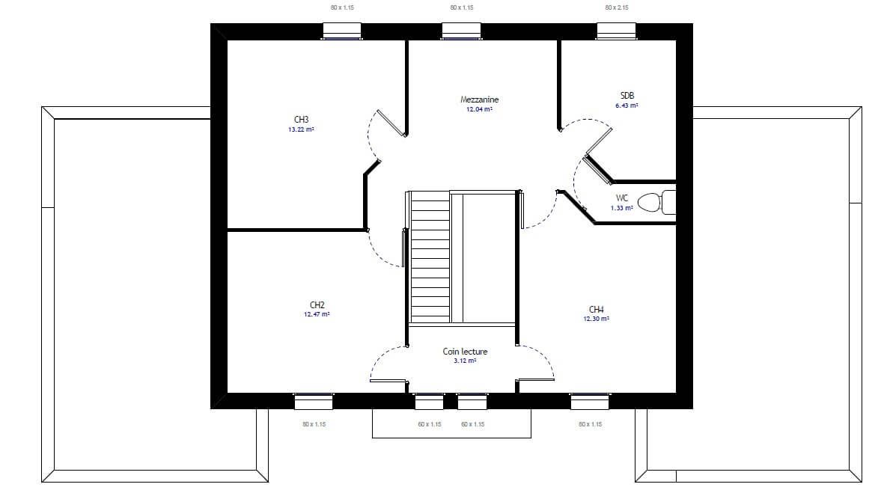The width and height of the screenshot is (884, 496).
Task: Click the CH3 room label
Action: (x=301, y=120)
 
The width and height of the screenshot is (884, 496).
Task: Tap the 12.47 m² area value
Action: (x=317, y=314)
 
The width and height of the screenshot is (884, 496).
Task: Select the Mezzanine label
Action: (x=479, y=99)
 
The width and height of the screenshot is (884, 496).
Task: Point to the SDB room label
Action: (x=627, y=96)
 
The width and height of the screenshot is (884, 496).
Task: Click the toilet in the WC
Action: (x=656, y=202)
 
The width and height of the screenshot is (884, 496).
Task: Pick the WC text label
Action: (x=622, y=198)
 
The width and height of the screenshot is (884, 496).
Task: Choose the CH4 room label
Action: (x=596, y=310)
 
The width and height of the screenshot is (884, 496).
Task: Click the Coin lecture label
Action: (x=465, y=352)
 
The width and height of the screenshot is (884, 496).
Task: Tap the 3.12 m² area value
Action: (x=465, y=361)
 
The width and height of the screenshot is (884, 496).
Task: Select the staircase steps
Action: (x=430, y=257)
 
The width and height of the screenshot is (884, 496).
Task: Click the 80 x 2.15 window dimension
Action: (x=617, y=8)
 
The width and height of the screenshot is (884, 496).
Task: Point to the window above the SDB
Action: (x=616, y=31)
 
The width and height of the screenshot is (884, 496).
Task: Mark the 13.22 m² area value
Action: (x=301, y=129)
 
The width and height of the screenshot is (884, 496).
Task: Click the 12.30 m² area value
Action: (x=596, y=319)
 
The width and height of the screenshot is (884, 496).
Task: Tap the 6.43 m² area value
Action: (x=627, y=105)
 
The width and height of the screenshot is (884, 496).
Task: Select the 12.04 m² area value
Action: (x=479, y=109)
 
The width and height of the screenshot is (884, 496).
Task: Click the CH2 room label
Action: (x=317, y=305)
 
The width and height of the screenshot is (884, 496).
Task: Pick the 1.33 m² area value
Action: (x=622, y=208)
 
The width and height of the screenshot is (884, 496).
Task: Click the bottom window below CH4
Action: (x=590, y=401)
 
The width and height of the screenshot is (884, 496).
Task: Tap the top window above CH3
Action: (x=341, y=31)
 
